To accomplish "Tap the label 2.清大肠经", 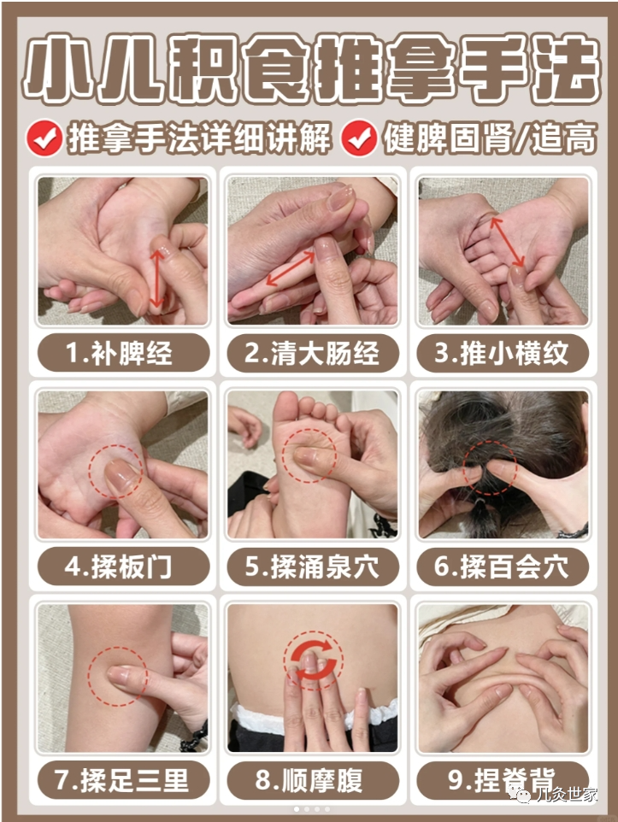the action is tap(313, 352).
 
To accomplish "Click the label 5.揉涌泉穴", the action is tap(313, 567).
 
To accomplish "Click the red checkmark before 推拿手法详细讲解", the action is tap(44, 138).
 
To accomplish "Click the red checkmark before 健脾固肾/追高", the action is tap(359, 138).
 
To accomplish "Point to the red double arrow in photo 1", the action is tap(157, 278).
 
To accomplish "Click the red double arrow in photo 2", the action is tap(290, 268).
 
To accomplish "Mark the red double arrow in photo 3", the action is tap(507, 242).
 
